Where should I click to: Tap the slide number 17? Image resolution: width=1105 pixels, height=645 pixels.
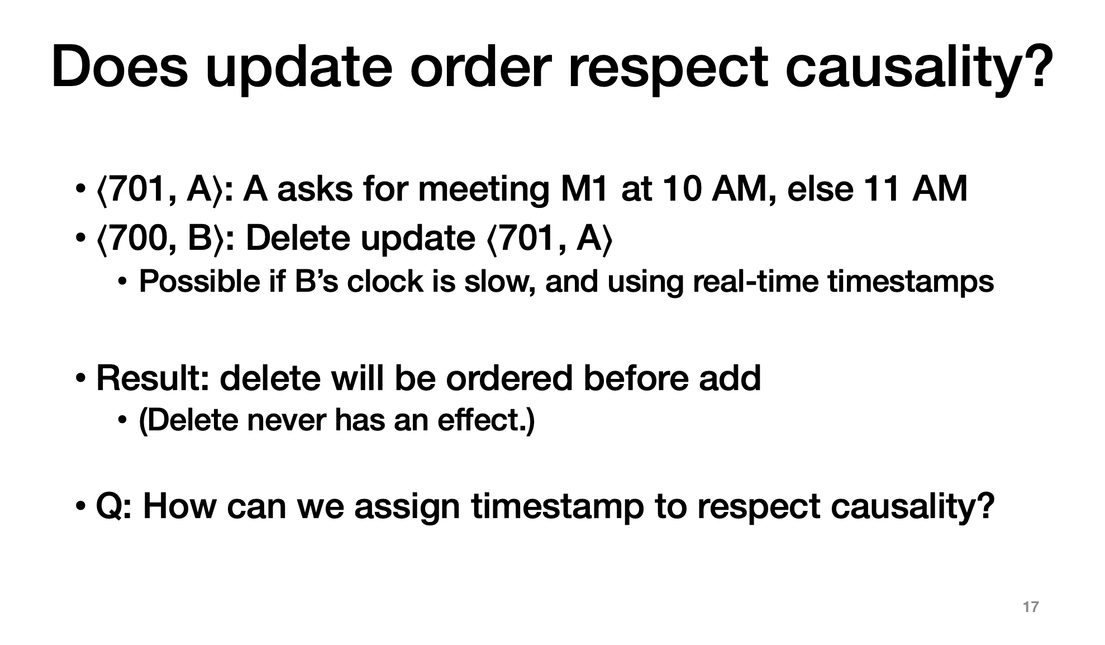click(x=1031, y=607)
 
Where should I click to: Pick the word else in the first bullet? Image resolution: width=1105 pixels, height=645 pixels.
click(x=820, y=188)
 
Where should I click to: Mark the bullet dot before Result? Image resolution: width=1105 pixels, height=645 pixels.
click(x=80, y=379)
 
